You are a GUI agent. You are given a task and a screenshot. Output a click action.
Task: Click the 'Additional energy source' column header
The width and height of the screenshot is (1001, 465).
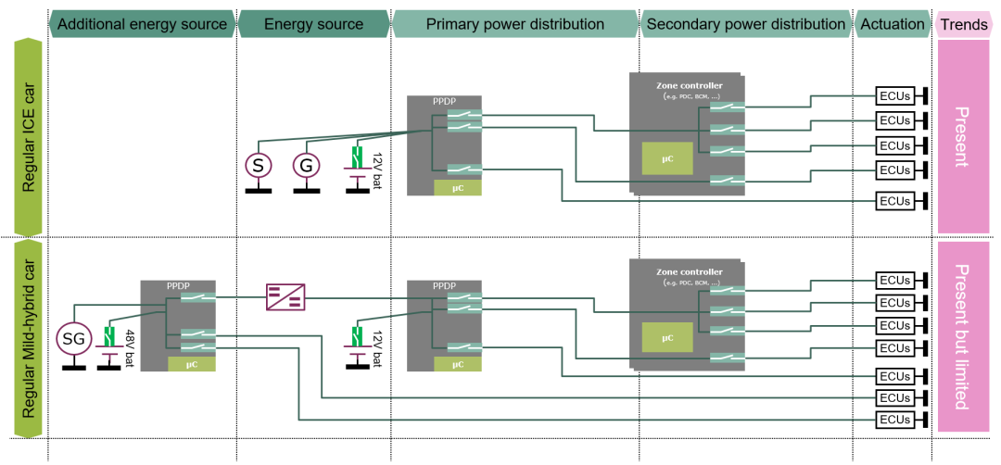pyautogui.click(x=143, y=24)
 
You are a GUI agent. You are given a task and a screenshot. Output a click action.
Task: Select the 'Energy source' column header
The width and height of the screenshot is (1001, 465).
pyautogui.click(x=314, y=24)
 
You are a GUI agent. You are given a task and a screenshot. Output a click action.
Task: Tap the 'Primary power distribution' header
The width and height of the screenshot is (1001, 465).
pyautogui.click(x=515, y=24)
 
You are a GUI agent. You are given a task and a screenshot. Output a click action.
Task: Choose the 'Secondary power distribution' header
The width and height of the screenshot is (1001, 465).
pyautogui.click(x=745, y=24)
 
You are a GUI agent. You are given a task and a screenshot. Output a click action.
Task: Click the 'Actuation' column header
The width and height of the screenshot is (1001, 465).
pyautogui.click(x=892, y=24)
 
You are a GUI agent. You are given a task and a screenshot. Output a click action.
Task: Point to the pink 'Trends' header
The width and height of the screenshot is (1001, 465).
pyautogui.click(x=964, y=24)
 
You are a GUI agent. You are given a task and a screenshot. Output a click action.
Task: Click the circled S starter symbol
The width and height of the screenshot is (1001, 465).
pyautogui.click(x=259, y=166)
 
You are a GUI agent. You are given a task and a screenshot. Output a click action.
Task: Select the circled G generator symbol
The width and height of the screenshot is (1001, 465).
pyautogui.click(x=306, y=166)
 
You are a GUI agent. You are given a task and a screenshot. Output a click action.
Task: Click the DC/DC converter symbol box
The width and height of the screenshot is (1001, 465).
pyautogui.click(x=285, y=296)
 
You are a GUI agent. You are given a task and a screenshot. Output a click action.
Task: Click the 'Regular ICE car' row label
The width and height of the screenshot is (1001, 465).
pyautogui.click(x=30, y=136)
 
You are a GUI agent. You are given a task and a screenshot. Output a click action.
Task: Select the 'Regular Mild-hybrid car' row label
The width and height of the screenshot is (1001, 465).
pyautogui.click(x=30, y=337)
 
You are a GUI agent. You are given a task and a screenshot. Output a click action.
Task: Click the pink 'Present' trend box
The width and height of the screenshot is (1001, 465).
pyautogui.click(x=962, y=136)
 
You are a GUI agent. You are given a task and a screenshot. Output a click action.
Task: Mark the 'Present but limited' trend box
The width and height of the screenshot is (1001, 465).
pyautogui.click(x=962, y=337)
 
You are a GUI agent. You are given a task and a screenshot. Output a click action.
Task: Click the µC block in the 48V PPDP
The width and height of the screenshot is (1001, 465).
pyautogui.click(x=192, y=364)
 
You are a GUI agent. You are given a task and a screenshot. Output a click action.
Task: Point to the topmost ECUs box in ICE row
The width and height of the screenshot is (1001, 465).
pyautogui.click(x=894, y=95)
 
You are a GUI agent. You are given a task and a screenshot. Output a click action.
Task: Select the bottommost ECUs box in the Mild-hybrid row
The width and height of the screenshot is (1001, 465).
pyautogui.click(x=894, y=421)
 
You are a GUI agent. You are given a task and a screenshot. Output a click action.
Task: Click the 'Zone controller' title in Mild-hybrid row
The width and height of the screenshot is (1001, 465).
pyautogui.click(x=689, y=272)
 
